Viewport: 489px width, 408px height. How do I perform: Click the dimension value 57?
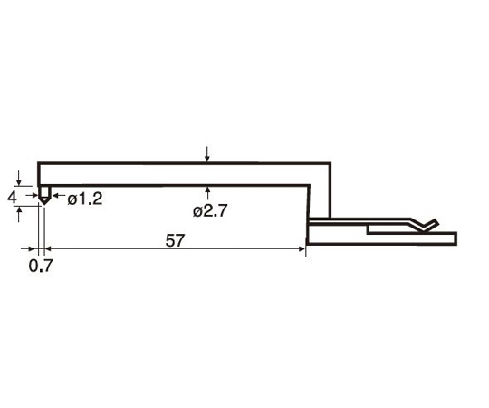pyautogui.click(x=175, y=240)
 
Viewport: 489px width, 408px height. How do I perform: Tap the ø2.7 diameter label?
pyautogui.click(x=210, y=211)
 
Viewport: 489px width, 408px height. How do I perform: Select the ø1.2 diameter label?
pyautogui.click(x=85, y=199)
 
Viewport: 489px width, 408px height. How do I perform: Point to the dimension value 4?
pyautogui.click(x=12, y=198)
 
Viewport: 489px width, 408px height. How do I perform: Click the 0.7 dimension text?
pyautogui.click(x=41, y=266)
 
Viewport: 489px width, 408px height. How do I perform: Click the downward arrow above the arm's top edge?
pyautogui.click(x=207, y=154)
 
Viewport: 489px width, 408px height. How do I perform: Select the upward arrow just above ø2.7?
pyautogui.click(x=207, y=193)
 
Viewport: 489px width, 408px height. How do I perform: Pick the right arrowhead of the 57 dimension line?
pyautogui.click(x=302, y=248)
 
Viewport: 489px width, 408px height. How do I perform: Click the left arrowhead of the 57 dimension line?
pyautogui.click(x=48, y=248)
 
